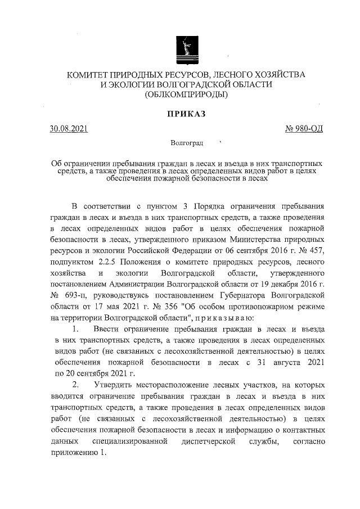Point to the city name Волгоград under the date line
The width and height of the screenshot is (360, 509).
click(186, 145)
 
